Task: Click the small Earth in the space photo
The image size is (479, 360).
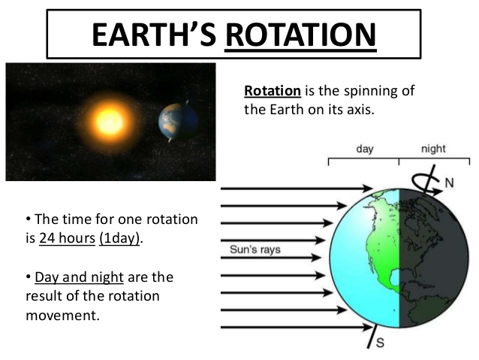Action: tap(178, 121)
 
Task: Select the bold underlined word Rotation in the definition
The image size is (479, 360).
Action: tap(273, 92)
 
